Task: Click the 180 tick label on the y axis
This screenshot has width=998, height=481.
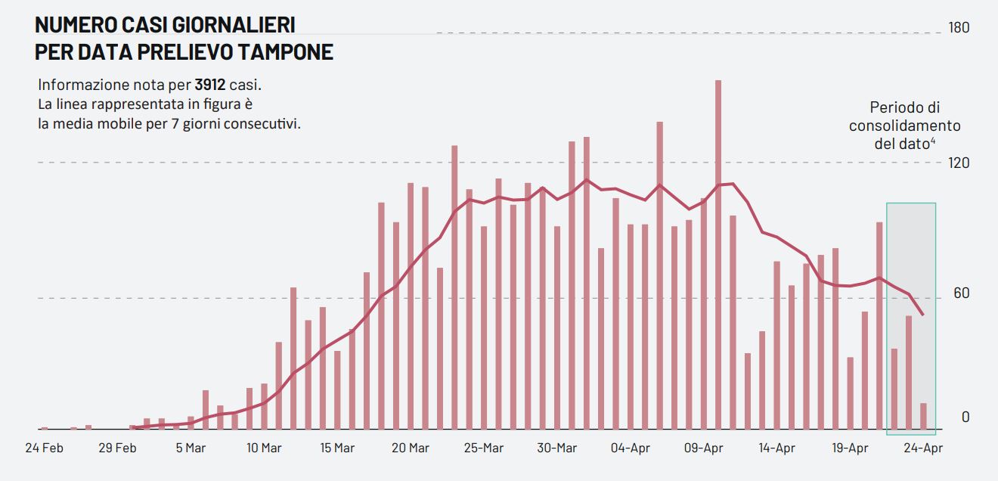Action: [959, 28]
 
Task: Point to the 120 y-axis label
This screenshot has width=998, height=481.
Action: [959, 163]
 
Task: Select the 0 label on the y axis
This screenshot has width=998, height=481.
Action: [965, 417]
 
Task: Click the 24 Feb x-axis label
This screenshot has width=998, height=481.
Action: [44, 448]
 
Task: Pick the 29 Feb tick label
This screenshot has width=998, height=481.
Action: [117, 448]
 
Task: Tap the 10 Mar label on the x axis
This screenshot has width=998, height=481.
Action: [264, 448]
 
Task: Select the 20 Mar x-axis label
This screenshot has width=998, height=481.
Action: [411, 448]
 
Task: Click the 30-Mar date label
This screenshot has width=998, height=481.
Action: [556, 448]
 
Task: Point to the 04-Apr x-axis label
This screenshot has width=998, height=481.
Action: [630, 448]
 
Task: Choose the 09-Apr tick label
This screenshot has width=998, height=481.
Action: [703, 448]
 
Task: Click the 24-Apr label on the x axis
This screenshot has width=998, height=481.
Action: [923, 448]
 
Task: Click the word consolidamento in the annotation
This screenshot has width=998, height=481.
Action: [904, 126]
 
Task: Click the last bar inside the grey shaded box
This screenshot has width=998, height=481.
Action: [923, 417]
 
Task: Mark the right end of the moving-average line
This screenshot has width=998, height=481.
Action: [923, 314]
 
